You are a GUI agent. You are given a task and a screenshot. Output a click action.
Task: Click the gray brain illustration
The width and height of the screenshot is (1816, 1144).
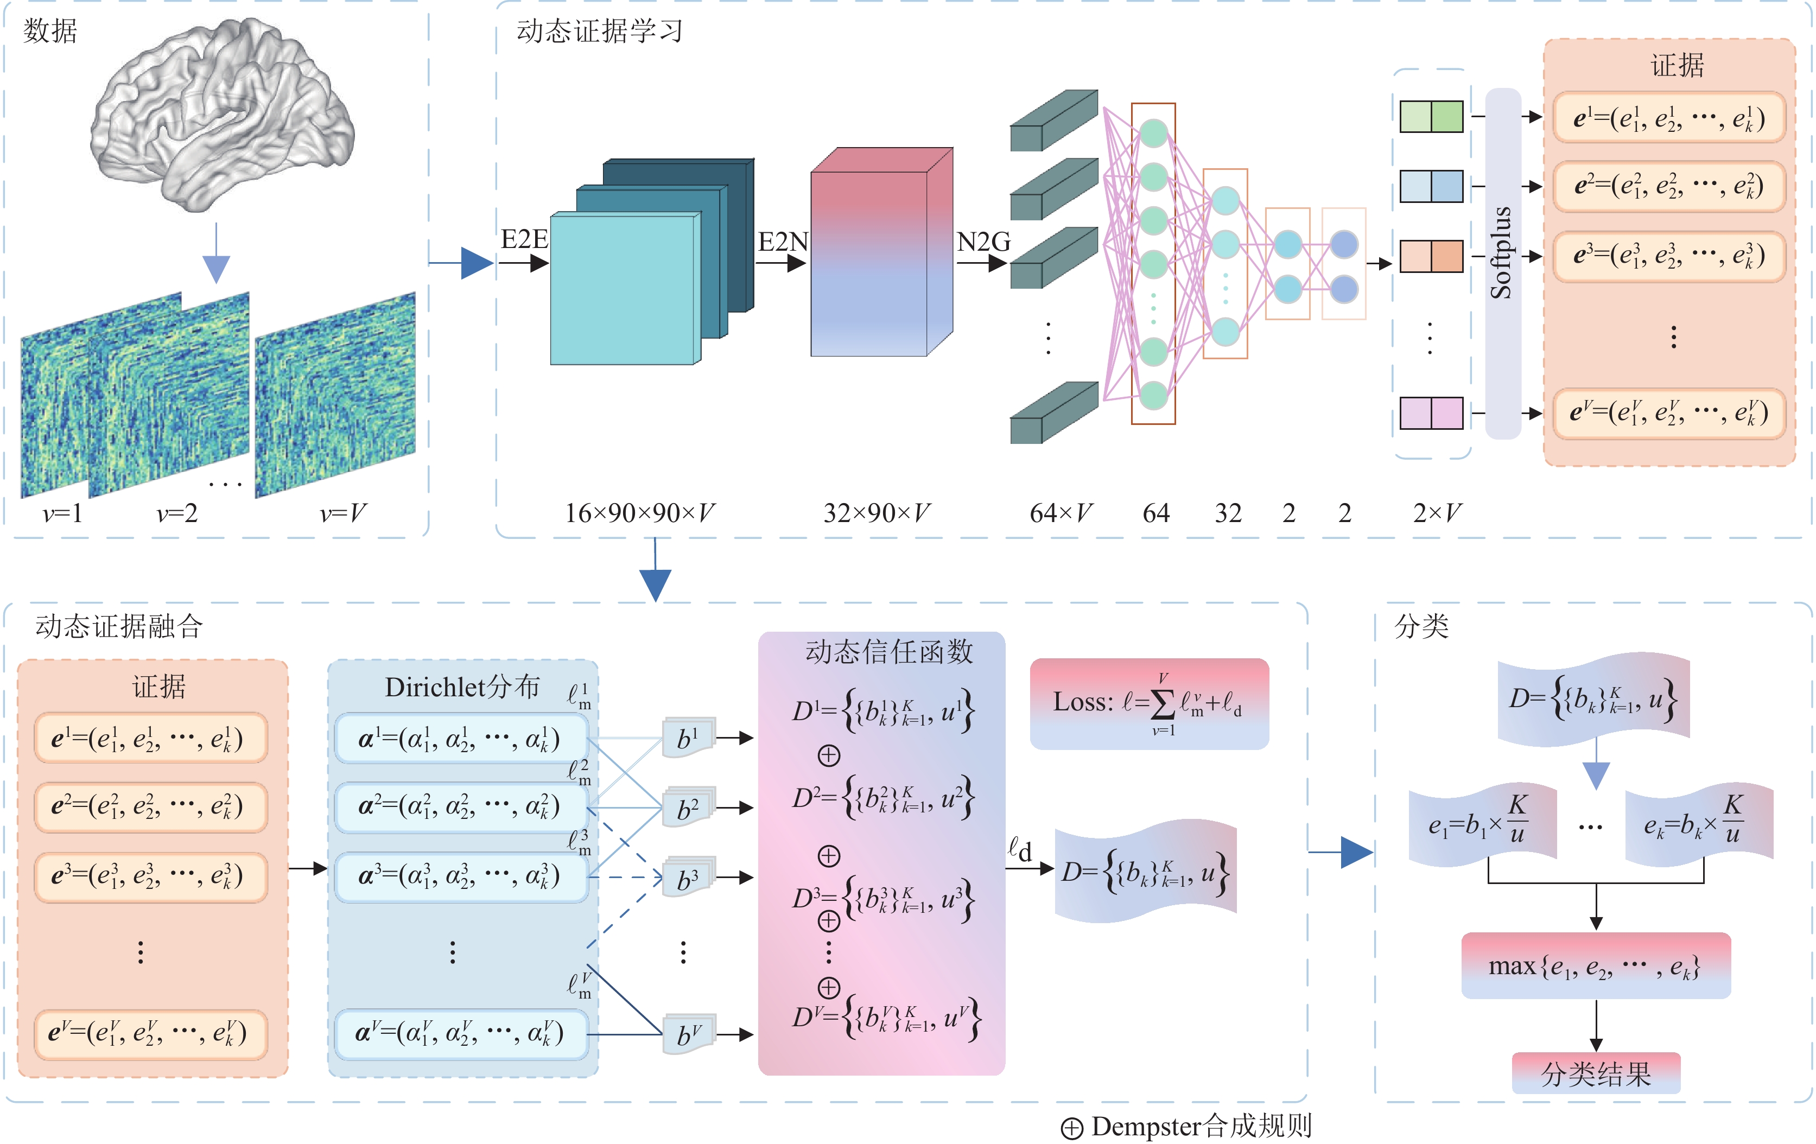(223, 113)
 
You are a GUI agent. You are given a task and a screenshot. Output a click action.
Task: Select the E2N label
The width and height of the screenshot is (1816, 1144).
(782, 241)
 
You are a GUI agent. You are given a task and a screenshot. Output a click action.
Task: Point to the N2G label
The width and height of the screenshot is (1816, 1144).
(983, 241)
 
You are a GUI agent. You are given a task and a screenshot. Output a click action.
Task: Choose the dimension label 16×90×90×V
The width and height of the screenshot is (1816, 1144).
(639, 513)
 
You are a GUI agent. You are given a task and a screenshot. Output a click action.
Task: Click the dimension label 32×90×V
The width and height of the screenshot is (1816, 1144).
(877, 513)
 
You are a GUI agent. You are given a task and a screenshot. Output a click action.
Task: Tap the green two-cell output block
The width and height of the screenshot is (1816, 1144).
(1431, 117)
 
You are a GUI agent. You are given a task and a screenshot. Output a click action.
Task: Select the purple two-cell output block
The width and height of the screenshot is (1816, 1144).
(1431, 413)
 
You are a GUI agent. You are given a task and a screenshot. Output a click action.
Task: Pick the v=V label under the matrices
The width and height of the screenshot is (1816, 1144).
(342, 513)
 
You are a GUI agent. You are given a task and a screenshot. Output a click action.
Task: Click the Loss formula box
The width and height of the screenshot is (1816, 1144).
(1148, 703)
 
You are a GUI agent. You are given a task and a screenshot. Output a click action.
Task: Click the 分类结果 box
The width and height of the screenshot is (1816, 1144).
(1596, 1073)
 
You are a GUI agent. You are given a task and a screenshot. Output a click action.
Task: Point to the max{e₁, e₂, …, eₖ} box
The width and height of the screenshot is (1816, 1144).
(1595, 966)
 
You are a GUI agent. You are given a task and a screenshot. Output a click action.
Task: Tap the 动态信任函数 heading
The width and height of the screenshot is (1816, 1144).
(888, 652)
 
